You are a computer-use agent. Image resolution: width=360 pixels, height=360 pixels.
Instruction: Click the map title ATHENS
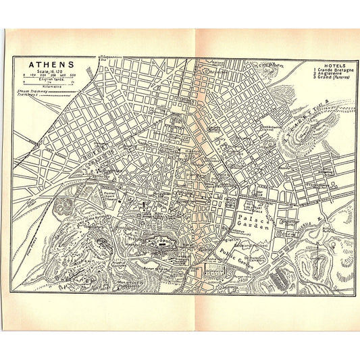point(51,66)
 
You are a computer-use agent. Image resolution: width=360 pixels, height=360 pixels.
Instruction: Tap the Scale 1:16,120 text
point(51,73)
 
